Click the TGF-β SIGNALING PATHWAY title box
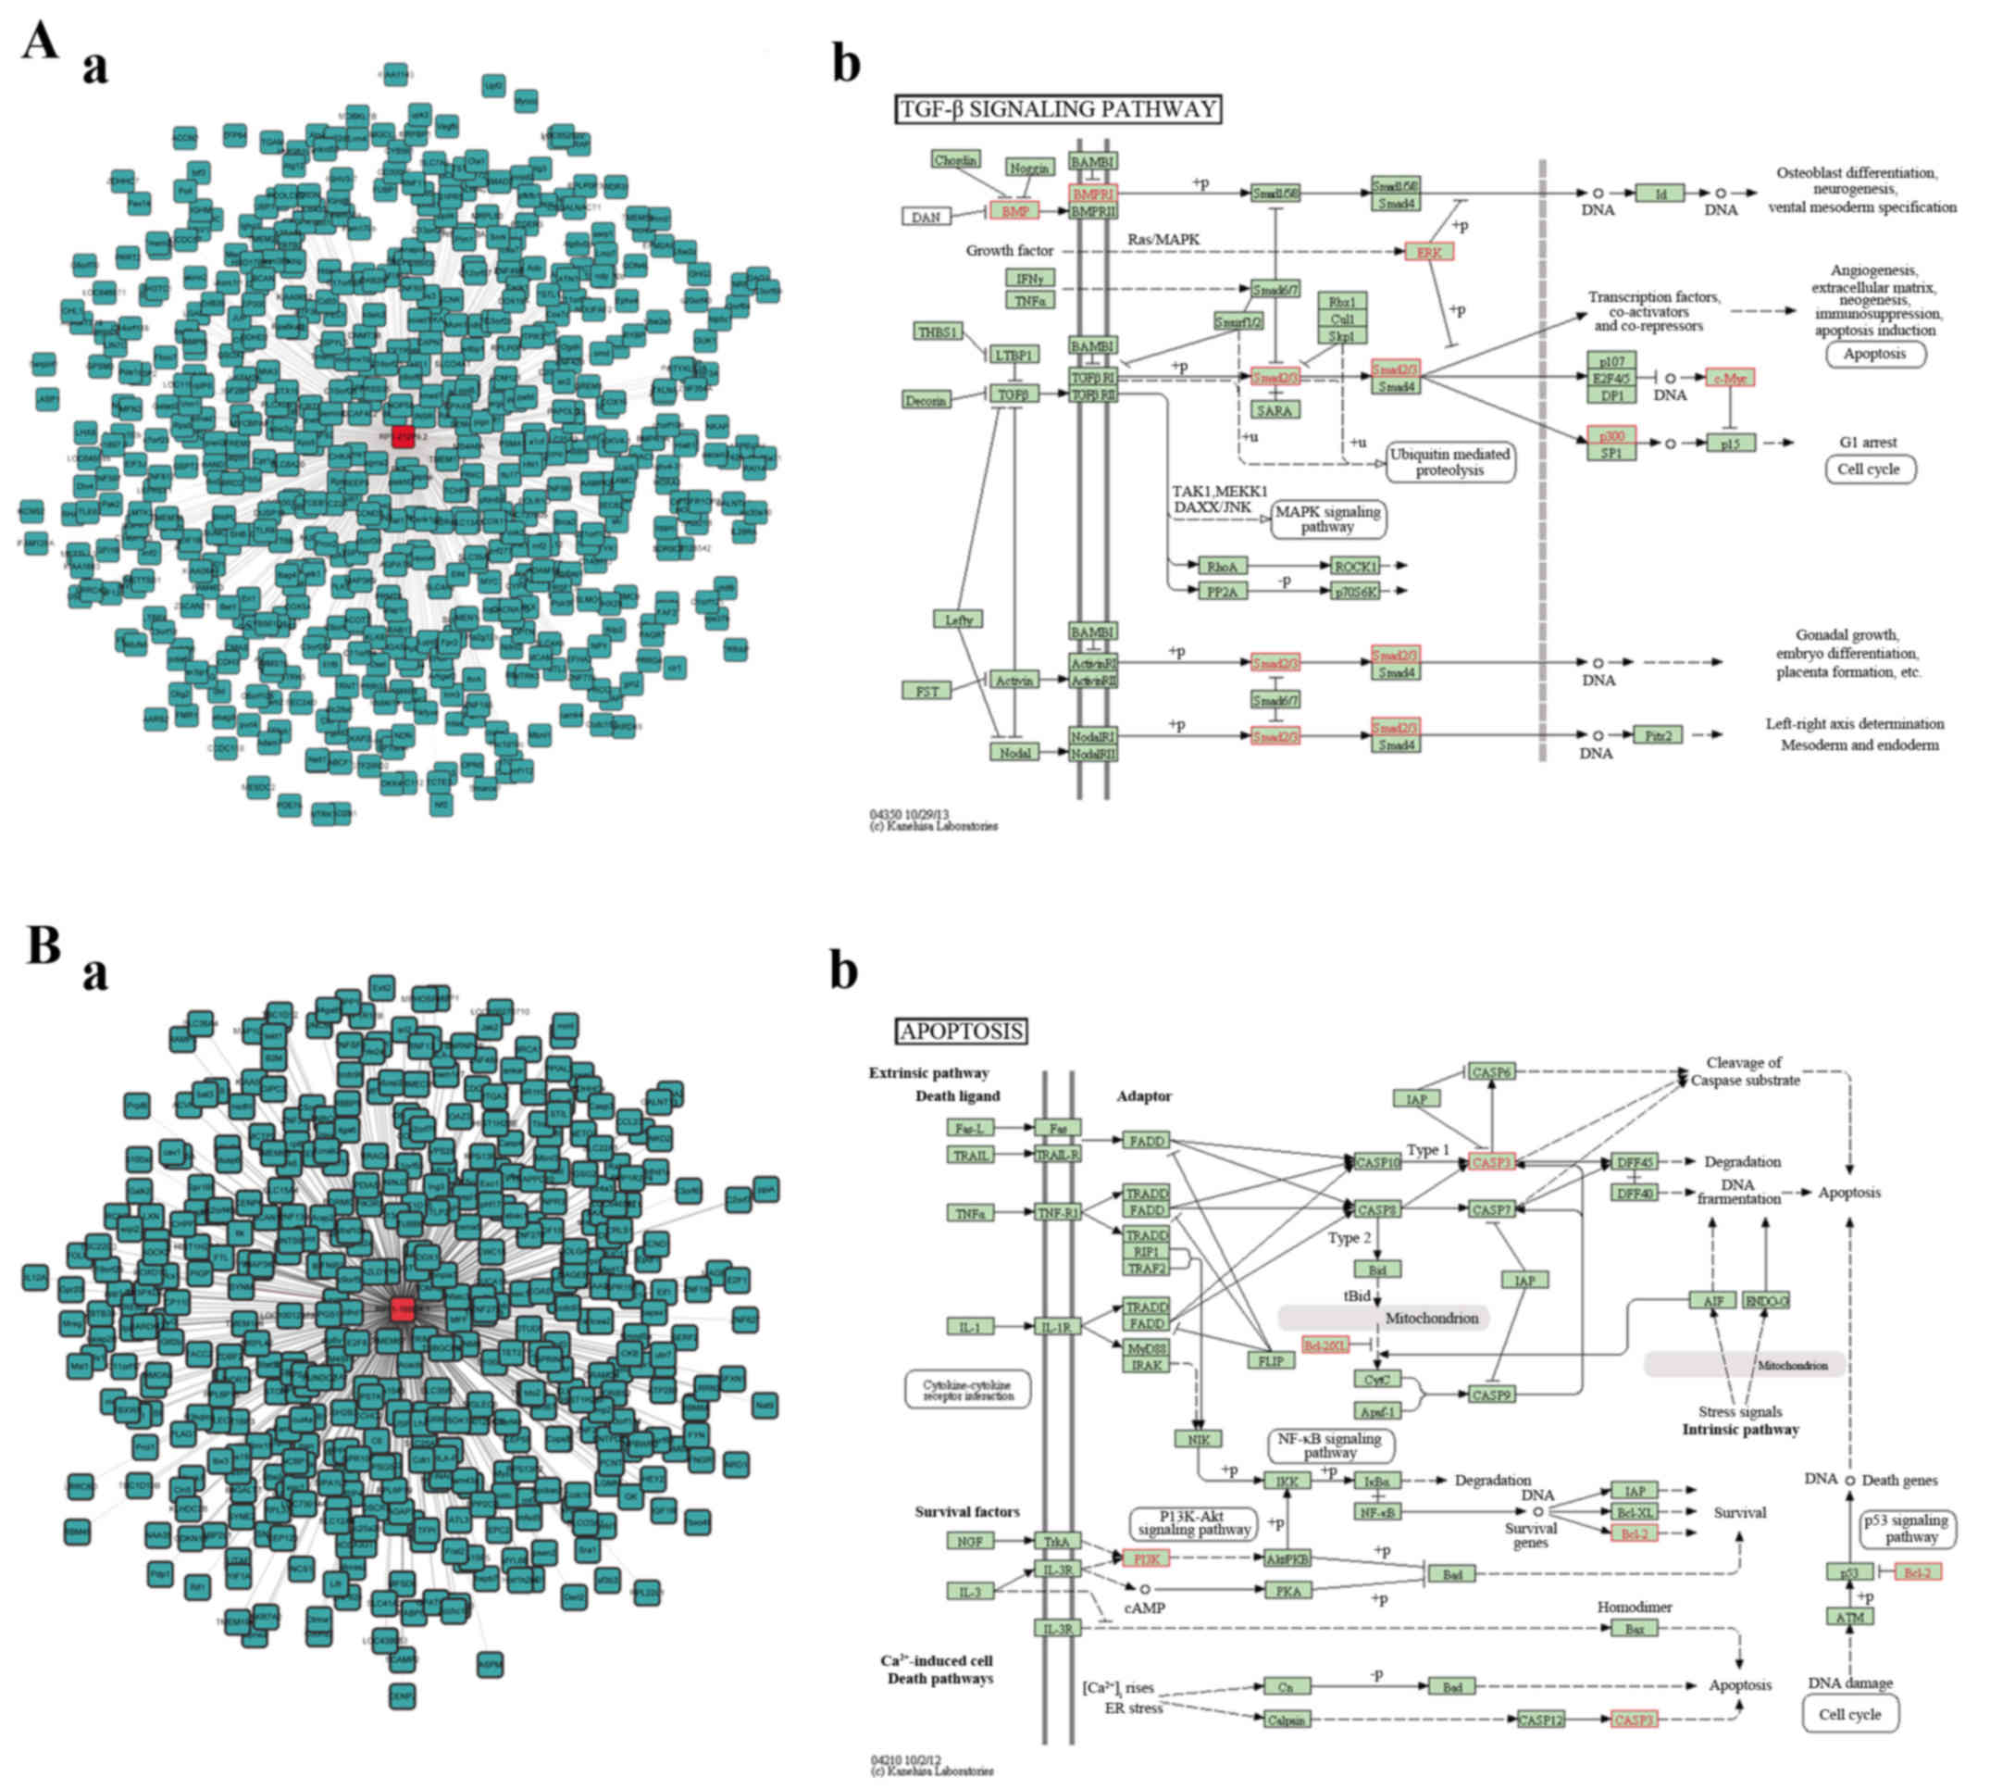1057,109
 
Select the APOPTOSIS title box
961,1032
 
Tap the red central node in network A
403,436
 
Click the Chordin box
955,160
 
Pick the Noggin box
1029,169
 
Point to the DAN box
926,217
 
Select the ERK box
1429,253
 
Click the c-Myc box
1730,379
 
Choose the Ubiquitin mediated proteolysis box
1449,462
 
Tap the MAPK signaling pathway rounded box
1327,519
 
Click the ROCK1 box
1355,566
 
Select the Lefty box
958,619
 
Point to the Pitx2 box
1658,734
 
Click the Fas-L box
970,1129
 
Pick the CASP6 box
1491,1072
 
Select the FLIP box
1271,1361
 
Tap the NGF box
969,1541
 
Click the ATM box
1848,1617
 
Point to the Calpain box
1287,1720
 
